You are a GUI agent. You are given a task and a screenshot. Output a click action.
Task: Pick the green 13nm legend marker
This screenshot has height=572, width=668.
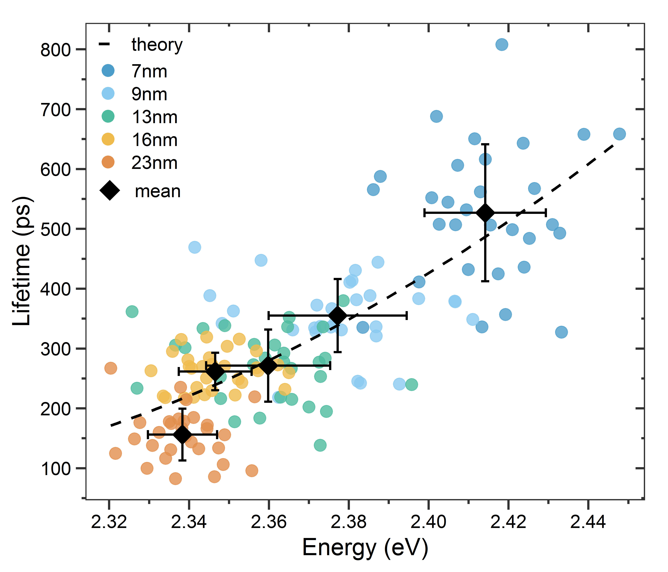[108, 116]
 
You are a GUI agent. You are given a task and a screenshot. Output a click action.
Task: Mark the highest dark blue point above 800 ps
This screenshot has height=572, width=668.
[502, 44]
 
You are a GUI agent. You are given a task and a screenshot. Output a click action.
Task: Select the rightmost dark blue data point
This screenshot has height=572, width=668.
[619, 134]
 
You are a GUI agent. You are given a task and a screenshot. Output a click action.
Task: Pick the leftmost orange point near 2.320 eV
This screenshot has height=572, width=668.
[111, 368]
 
